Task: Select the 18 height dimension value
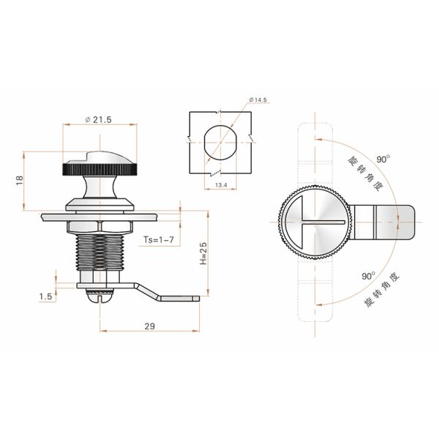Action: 18,179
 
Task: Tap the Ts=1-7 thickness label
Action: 159,239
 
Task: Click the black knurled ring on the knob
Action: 98,170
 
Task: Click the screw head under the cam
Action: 98,296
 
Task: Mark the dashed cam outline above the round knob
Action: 314,154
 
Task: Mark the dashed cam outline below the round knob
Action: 314,289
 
